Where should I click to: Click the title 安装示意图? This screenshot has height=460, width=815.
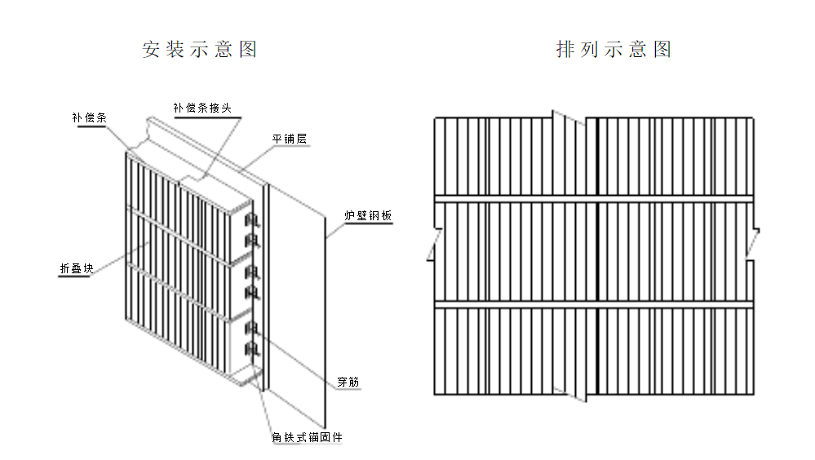pos(200,50)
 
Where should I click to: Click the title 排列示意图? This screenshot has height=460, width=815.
pos(613,50)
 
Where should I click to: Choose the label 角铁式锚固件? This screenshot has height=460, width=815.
pos(307,438)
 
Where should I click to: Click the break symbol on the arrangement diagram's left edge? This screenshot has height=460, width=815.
pos(432,245)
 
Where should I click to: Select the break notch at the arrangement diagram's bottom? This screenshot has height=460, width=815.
pos(570,394)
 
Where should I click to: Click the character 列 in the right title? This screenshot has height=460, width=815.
pos(590,50)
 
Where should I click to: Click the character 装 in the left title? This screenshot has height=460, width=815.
pos(175,50)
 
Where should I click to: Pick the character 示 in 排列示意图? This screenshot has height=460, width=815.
pos(613,50)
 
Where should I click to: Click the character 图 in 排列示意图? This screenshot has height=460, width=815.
pos(662,50)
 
